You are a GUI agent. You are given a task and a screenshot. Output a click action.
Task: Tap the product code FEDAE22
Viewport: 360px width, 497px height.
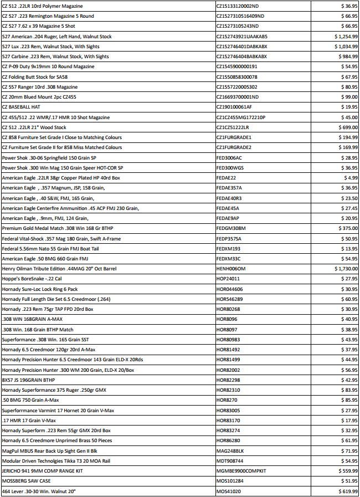(226, 178)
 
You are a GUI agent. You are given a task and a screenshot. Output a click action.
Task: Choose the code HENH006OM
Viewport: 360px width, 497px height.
(231, 268)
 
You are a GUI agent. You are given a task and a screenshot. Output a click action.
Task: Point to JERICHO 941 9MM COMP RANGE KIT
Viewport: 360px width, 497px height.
(42, 471)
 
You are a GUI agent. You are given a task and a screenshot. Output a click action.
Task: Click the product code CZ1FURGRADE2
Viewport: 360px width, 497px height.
(234, 147)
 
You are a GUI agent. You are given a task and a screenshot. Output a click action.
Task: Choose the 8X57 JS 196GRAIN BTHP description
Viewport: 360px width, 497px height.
(28, 380)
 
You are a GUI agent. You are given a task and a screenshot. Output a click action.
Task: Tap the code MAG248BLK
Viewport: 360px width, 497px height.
(230, 450)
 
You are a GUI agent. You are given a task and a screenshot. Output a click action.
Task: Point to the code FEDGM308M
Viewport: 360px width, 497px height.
(231, 228)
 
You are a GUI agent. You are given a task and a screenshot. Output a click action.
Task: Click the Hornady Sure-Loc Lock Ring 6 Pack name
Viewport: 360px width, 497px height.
(40, 289)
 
